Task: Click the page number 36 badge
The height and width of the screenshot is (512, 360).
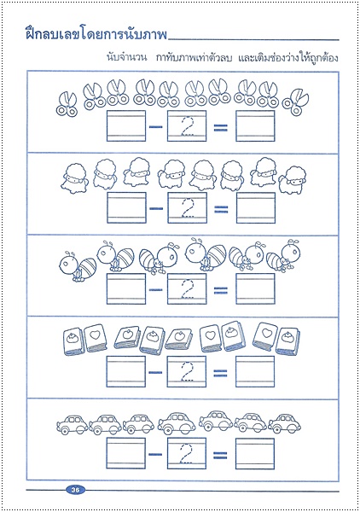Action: (75, 490)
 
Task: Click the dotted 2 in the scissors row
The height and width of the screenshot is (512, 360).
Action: (188, 125)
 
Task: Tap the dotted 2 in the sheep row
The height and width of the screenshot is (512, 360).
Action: (188, 207)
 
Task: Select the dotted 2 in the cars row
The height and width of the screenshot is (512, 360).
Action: (187, 454)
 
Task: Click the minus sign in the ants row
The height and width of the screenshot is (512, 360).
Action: (155, 289)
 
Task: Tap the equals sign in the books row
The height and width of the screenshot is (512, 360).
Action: (220, 373)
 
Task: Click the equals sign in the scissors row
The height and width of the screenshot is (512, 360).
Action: (221, 127)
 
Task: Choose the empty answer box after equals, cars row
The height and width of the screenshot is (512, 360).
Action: (255, 454)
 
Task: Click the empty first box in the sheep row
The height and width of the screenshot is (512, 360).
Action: (126, 207)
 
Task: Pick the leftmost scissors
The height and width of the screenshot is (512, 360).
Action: (67, 104)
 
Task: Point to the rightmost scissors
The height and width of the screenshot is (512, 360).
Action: (295, 102)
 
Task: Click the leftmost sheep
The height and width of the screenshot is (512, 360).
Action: (73, 178)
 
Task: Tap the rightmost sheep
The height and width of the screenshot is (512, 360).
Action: (292, 180)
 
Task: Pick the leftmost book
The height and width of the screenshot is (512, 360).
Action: (73, 341)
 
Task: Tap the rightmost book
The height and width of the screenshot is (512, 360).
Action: (287, 341)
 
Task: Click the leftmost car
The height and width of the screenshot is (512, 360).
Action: (73, 424)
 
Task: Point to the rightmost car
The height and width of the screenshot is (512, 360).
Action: (284, 423)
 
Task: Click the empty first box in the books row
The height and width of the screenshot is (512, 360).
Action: (126, 371)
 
